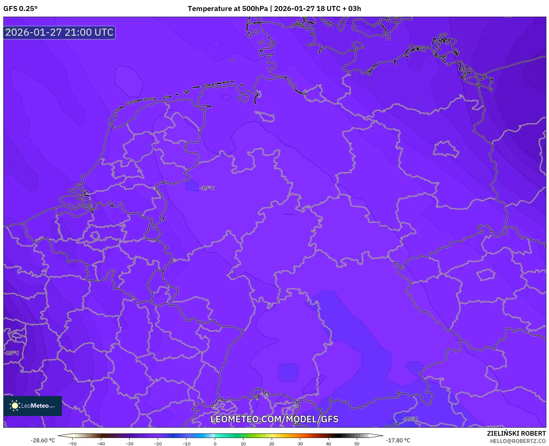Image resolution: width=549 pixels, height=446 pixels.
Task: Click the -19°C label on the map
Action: coord(207,188)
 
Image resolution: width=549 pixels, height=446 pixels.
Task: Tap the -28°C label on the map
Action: coord(12,353)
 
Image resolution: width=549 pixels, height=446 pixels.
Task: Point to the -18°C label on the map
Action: coord(410,419)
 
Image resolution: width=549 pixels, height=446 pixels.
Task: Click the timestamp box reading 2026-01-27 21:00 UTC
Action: coord(59,33)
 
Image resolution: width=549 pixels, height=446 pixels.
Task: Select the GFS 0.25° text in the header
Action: coord(20,9)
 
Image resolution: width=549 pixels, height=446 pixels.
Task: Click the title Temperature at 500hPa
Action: coord(227,9)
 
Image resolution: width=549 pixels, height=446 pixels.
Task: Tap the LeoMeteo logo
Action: coord(33,406)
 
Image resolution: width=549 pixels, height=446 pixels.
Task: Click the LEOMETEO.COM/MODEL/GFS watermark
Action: coord(274,419)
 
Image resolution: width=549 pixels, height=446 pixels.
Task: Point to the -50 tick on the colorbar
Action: coord(73,444)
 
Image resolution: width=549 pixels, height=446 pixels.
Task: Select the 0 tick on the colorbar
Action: coord(215,444)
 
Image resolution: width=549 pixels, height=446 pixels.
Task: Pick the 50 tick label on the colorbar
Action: coord(357,444)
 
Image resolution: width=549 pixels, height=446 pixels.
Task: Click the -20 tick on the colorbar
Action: coord(158,444)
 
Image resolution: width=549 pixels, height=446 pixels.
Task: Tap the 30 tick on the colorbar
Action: coord(300,444)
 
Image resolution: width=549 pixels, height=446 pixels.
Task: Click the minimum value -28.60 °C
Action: coord(43,440)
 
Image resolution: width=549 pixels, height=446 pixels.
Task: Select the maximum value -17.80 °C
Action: coord(398,440)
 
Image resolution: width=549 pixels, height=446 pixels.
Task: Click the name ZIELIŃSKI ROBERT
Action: coord(516,433)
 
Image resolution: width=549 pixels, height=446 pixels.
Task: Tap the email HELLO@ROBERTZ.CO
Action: coord(518,441)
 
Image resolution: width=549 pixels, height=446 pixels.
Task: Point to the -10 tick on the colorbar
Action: coord(186,444)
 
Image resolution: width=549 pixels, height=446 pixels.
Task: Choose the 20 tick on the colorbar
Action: coord(272,444)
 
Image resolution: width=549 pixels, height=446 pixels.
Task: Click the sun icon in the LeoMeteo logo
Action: coord(15,406)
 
